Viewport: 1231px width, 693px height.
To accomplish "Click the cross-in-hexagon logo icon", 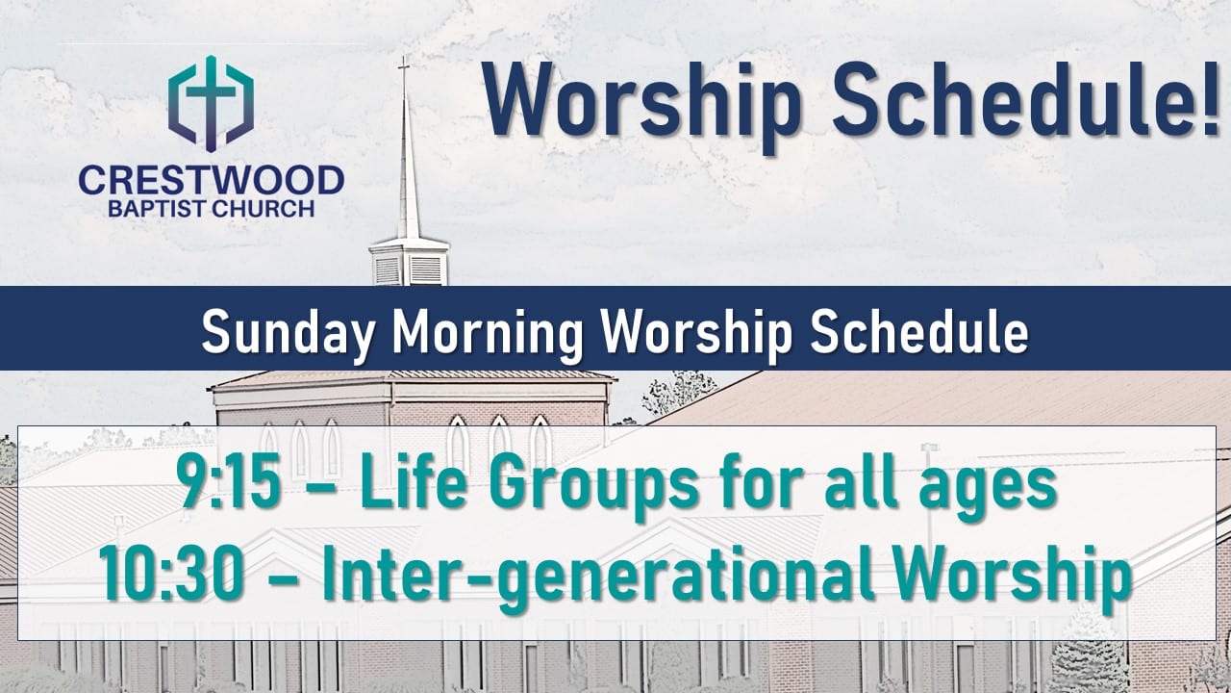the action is pyautogui.click(x=211, y=103).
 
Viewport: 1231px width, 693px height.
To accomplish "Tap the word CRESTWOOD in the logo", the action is pyautogui.click(x=212, y=180).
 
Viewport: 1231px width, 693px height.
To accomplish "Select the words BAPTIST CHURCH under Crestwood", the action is pyautogui.click(x=211, y=209).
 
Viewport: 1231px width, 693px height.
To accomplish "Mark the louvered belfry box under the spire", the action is pyautogui.click(x=410, y=263).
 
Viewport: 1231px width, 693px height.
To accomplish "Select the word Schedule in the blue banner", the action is pyautogui.click(x=918, y=332).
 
